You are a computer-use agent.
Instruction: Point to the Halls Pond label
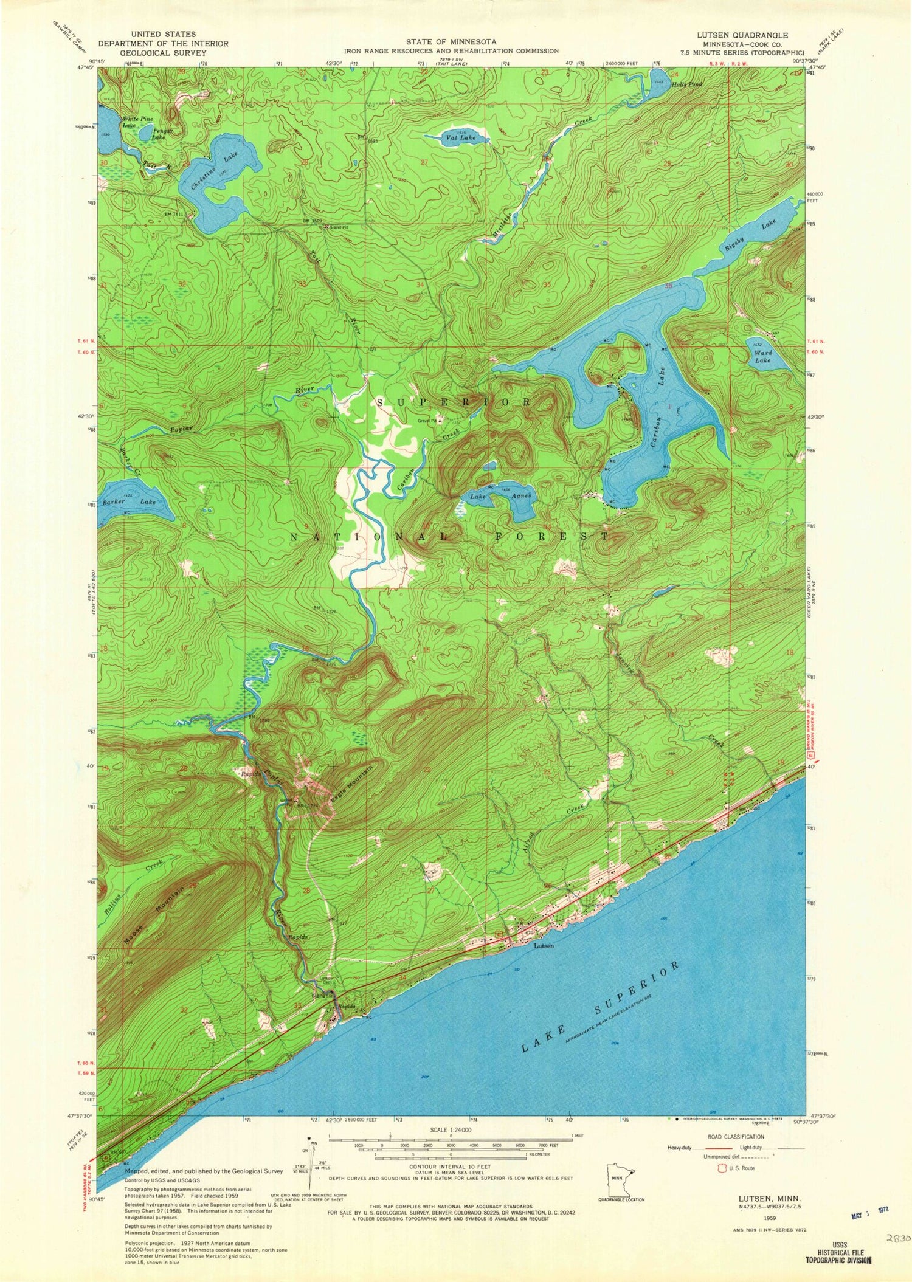686,84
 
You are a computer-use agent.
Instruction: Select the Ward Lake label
762,356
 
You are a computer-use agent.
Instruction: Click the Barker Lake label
129,501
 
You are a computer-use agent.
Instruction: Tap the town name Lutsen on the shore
544,946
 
